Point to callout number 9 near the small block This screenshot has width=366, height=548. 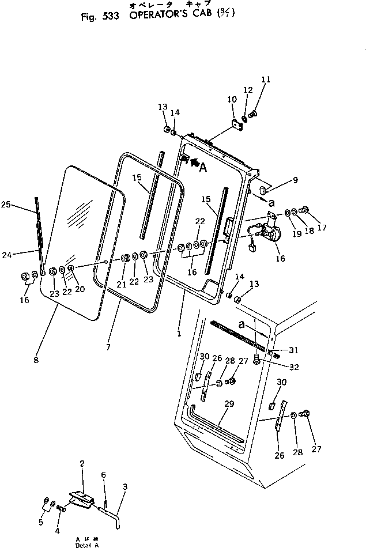[295, 180]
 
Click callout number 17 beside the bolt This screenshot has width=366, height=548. [322, 228]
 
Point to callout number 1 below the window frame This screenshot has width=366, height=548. [179, 333]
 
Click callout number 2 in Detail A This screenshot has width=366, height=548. [82, 464]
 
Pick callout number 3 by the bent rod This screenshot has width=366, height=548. [124, 485]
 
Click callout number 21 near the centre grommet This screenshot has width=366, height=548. [122, 284]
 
